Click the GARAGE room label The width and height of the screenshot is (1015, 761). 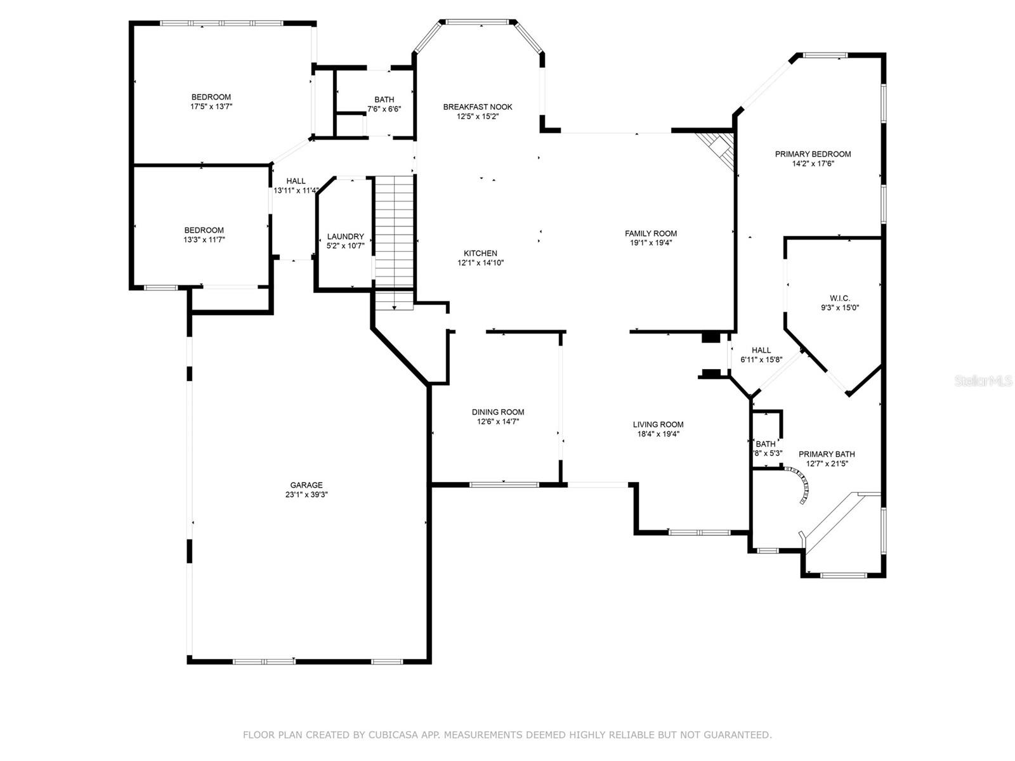(306, 485)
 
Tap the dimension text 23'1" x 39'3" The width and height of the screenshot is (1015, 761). (306, 495)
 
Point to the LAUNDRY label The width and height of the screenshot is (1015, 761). (345, 237)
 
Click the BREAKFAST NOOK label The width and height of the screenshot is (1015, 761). (478, 107)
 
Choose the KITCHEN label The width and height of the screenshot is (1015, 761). (480, 253)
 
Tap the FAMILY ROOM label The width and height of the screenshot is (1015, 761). (651, 233)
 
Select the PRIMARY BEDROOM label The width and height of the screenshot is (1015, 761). (813, 154)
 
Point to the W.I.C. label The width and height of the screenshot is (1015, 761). (839, 298)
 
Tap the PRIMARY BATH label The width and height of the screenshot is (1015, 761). (827, 454)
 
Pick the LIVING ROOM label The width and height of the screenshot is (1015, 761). (658, 425)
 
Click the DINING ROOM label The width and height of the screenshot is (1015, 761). (498, 412)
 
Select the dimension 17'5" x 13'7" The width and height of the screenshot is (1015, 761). (211, 107)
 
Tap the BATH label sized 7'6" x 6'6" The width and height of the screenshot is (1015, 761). (384, 100)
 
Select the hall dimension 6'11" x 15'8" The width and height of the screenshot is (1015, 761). (761, 360)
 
